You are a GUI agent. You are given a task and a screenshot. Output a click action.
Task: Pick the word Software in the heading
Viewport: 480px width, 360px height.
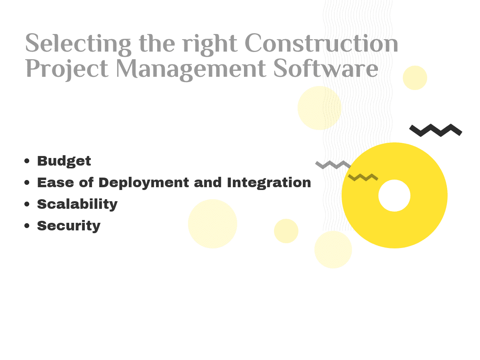(326, 69)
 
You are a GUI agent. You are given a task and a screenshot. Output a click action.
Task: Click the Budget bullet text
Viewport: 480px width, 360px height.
(64, 161)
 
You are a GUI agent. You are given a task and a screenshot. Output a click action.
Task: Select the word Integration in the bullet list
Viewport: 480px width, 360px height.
(269, 183)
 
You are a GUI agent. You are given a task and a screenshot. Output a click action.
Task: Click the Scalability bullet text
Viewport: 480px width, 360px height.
(77, 204)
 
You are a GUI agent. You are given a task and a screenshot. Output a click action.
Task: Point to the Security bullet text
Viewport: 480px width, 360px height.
(69, 226)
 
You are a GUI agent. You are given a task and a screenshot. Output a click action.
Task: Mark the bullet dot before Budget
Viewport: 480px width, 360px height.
(27, 161)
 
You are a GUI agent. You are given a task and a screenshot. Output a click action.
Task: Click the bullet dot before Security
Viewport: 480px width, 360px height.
(27, 226)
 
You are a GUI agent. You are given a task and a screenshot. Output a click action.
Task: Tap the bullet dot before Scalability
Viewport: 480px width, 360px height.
(27, 204)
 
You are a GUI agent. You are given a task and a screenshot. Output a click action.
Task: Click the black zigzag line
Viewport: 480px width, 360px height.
(436, 130)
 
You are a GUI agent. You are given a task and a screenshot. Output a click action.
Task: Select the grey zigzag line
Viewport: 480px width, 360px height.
(333, 164)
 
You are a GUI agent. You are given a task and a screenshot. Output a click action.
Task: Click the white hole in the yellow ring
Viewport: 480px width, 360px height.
(394, 196)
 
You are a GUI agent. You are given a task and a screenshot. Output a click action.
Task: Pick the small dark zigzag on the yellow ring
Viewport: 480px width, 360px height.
(363, 177)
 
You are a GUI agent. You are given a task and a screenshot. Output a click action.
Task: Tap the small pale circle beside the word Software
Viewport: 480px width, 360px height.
(415, 78)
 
